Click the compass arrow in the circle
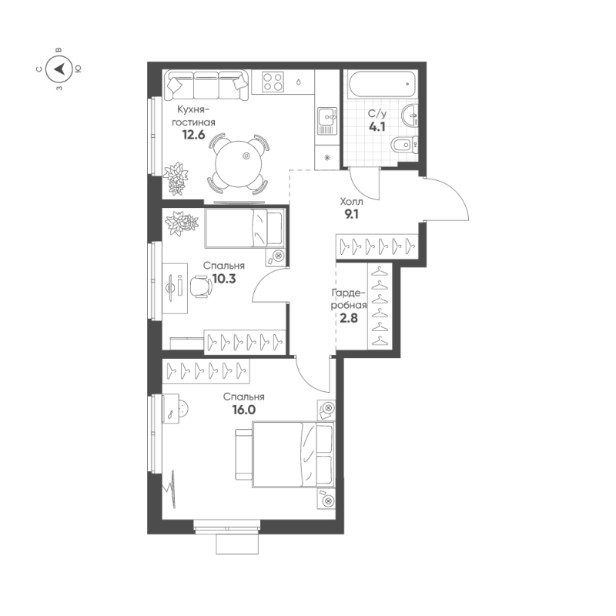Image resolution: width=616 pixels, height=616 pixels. pyautogui.click(x=60, y=69)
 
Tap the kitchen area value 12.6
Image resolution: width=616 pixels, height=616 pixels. pyautogui.click(x=193, y=136)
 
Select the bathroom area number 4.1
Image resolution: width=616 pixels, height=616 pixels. pyautogui.click(x=377, y=127)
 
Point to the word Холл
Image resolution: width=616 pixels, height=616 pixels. pyautogui.click(x=351, y=202)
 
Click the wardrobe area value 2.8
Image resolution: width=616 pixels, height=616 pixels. pyautogui.click(x=349, y=318)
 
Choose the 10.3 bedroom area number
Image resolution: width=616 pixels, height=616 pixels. pyautogui.click(x=224, y=279)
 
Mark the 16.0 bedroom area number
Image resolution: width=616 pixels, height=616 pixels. pyautogui.click(x=243, y=410)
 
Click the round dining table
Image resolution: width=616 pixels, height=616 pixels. pyautogui.click(x=239, y=164)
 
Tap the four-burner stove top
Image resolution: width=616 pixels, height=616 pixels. pyautogui.click(x=273, y=82)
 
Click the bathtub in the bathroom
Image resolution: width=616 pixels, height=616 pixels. pyautogui.click(x=381, y=84)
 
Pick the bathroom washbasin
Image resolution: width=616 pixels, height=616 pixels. pyautogui.click(x=410, y=115)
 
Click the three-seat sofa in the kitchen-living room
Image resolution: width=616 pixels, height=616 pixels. pyautogui.click(x=206, y=85)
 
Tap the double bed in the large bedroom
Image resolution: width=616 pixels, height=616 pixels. pyautogui.click(x=293, y=454)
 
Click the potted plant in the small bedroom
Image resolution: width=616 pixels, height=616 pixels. pyautogui.click(x=181, y=223)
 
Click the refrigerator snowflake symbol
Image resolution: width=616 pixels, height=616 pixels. pyautogui.click(x=326, y=158)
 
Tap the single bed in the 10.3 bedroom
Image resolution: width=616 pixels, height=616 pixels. pyautogui.click(x=244, y=228)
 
